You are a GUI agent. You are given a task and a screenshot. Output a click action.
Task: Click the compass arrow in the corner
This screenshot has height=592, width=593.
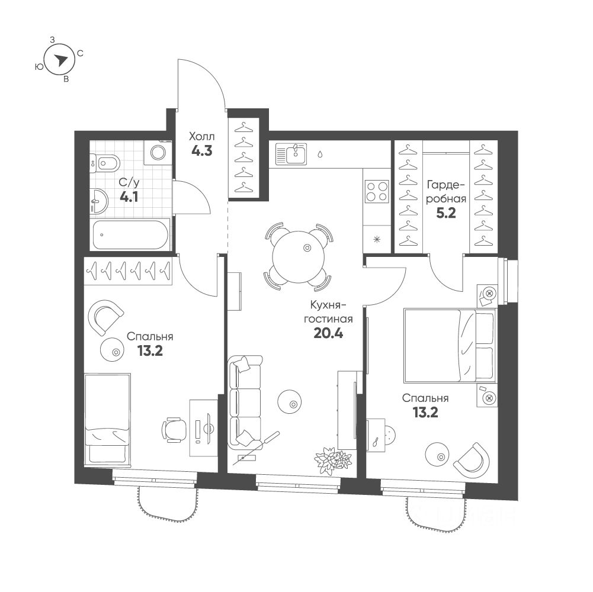coord(60,58)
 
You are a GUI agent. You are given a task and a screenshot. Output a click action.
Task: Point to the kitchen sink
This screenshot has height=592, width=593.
coord(292,155)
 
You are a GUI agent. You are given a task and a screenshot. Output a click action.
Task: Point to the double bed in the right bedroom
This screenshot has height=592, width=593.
coord(449,345)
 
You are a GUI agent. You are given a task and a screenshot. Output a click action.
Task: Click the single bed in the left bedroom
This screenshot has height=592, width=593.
coord(107,419)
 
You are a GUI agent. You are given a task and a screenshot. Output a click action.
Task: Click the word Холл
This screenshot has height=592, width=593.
coord(201,134)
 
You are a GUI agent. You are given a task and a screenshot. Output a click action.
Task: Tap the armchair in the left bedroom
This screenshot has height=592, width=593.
coord(106,316)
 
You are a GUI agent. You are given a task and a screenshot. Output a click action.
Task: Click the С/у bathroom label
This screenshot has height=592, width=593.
coord(128,183)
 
